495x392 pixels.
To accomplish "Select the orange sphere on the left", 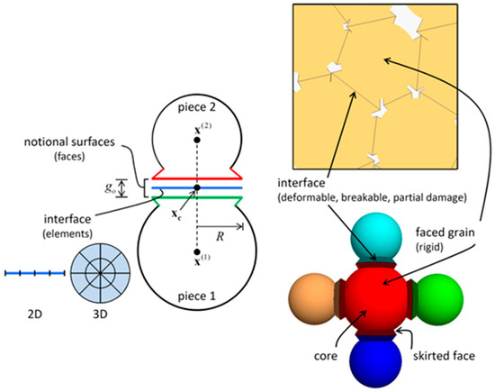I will pyautogui.click(x=316, y=302).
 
